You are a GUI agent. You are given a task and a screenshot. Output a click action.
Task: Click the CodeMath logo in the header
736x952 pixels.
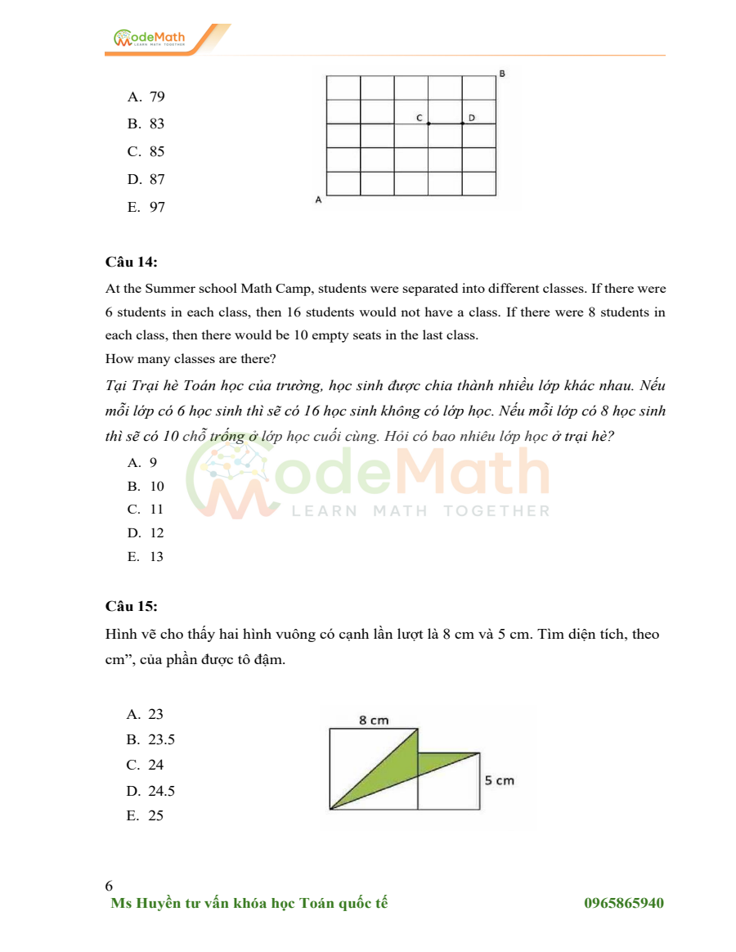point(150,38)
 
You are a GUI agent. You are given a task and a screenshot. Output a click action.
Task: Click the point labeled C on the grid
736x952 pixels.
point(429,123)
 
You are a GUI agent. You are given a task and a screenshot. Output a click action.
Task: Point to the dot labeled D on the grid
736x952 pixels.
point(462,123)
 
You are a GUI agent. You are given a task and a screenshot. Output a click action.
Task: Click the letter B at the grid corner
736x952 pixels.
point(502,74)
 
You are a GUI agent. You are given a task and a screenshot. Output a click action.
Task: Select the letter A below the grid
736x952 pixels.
point(318,200)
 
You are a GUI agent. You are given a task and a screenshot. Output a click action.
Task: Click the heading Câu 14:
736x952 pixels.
point(132,262)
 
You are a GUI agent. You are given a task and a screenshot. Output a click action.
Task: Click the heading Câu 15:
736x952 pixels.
point(132,606)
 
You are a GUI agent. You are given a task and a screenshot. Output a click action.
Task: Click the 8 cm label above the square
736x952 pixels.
point(374,720)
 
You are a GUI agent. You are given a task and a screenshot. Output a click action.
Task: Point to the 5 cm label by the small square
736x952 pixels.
point(499,780)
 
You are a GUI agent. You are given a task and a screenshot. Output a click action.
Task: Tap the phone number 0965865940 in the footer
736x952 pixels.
point(623,903)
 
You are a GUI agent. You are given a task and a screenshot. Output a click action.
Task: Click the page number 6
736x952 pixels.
point(110,886)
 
